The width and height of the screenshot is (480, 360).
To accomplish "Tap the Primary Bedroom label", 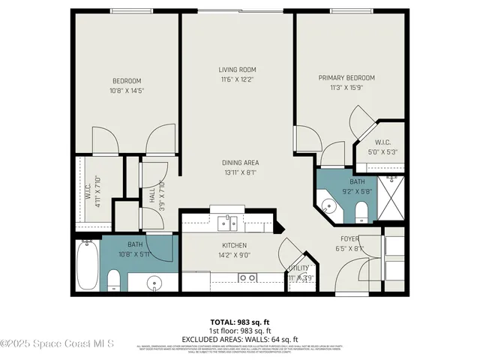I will tap(346, 77).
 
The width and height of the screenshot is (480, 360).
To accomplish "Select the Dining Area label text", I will tap(240, 163).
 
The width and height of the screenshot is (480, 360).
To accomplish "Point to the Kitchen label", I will tap(234, 245).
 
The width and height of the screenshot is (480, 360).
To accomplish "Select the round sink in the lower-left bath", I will tap(154, 283).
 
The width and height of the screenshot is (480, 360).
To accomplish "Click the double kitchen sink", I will tap(228, 222).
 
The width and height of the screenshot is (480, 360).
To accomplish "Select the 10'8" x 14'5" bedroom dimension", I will tap(127, 91).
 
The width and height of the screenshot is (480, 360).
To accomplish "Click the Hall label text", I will tap(152, 194).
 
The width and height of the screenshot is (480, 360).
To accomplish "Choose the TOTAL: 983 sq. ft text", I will tap(239, 321).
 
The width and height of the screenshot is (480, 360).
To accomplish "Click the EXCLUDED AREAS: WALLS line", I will tap(239, 339).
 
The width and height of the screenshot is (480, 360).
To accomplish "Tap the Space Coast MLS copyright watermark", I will tap(57, 344).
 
